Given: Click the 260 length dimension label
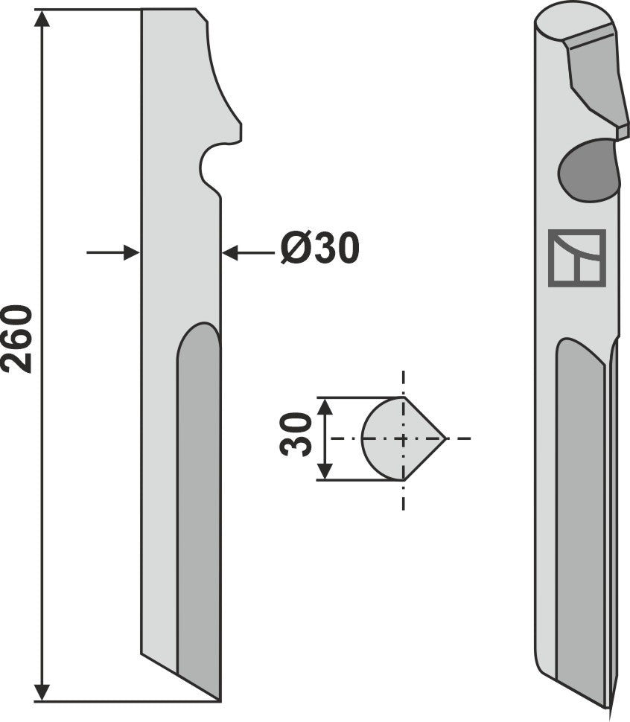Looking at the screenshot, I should point(18,339).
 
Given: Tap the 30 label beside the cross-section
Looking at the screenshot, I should point(298,435).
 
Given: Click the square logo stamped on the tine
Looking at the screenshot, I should point(576,258).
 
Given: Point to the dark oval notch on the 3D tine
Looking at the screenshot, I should point(589,170).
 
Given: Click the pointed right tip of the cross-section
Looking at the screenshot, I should point(445,438).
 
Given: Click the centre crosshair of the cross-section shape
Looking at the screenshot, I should point(403,438).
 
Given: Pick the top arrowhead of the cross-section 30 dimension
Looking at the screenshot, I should point(324,406).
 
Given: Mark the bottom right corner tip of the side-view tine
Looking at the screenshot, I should point(220,700).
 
